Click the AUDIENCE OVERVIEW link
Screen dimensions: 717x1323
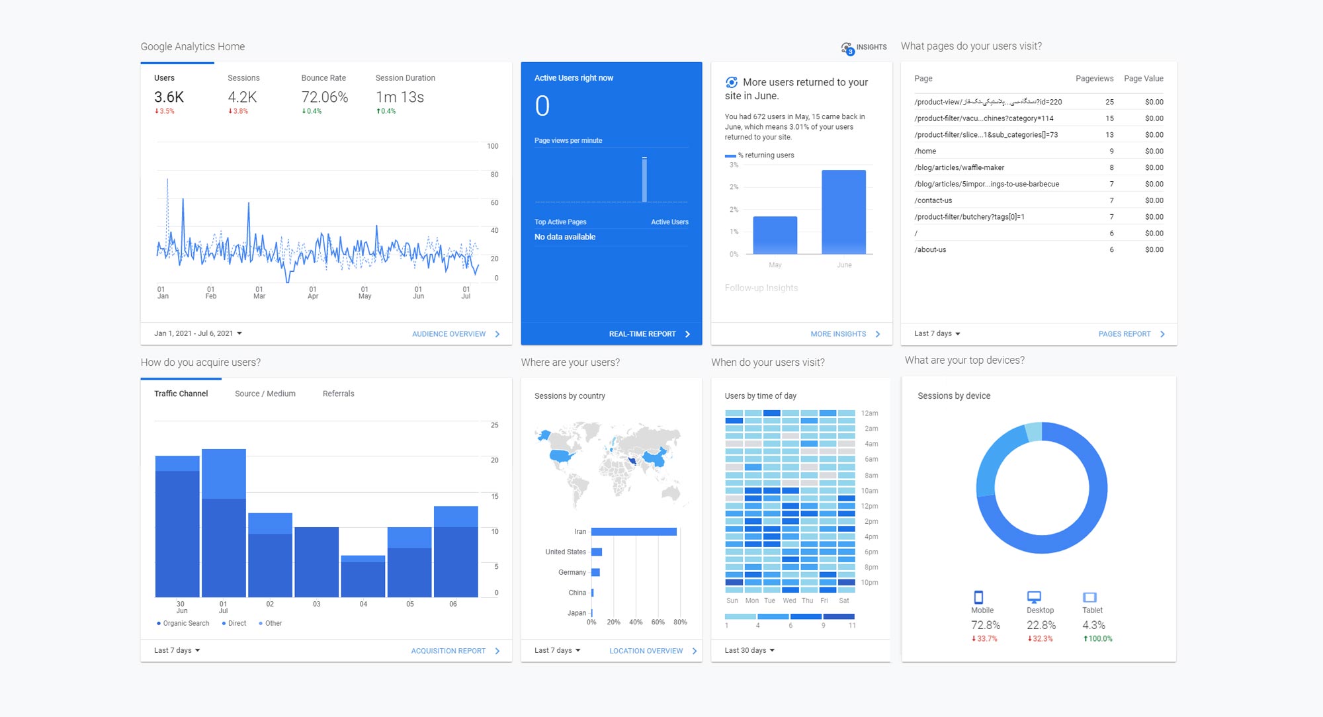tap(449, 334)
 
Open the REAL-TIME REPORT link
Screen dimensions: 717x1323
tap(642, 334)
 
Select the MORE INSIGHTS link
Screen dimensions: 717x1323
tap(838, 334)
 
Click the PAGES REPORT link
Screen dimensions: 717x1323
tap(1125, 334)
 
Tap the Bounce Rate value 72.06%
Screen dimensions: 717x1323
tap(324, 97)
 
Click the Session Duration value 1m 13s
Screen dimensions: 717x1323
tap(400, 97)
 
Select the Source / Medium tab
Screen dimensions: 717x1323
tap(265, 394)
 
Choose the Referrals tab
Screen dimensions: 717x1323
tap(338, 394)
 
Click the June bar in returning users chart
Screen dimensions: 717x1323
tap(843, 212)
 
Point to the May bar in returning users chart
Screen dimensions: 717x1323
tap(775, 235)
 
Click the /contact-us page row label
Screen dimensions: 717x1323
tap(933, 200)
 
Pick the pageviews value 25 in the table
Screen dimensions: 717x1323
tap(1109, 102)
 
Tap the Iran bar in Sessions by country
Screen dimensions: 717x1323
tap(633, 532)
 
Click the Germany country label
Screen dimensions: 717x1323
tap(572, 572)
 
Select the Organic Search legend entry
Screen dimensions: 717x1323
tap(185, 623)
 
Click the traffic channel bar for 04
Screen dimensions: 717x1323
tap(363, 577)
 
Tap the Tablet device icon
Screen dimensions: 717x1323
tap(1089, 597)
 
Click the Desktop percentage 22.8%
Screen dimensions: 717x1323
tap(1041, 625)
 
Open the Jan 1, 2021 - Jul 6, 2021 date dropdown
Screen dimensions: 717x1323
tap(198, 333)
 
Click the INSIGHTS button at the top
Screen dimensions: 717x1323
tap(864, 48)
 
